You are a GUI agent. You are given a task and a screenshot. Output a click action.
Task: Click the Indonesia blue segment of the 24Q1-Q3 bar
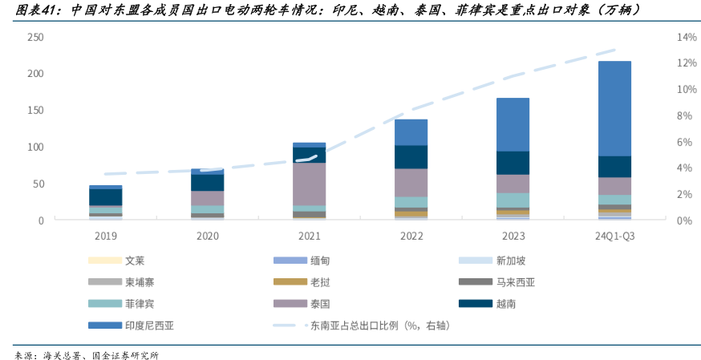click(614, 108)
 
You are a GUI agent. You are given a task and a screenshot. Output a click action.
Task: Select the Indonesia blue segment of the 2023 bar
click(513, 124)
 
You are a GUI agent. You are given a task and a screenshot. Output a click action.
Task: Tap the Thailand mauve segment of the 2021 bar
click(309, 184)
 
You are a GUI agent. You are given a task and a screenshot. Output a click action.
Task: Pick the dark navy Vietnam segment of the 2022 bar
click(411, 156)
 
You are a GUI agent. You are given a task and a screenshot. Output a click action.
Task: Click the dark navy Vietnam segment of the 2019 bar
click(105, 196)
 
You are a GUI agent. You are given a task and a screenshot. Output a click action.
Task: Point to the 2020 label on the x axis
click(207, 236)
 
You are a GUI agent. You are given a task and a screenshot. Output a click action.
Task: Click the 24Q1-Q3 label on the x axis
click(614, 236)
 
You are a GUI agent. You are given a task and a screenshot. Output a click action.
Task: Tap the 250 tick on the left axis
click(35, 38)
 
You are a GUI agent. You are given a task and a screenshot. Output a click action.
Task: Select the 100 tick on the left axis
click(35, 148)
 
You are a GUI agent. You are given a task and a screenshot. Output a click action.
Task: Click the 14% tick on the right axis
click(665, 38)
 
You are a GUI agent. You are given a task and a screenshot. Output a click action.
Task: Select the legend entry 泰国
click(319, 304)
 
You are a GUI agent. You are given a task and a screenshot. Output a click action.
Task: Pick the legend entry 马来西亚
click(515, 282)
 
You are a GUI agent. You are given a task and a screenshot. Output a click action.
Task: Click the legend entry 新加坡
click(511, 261)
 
